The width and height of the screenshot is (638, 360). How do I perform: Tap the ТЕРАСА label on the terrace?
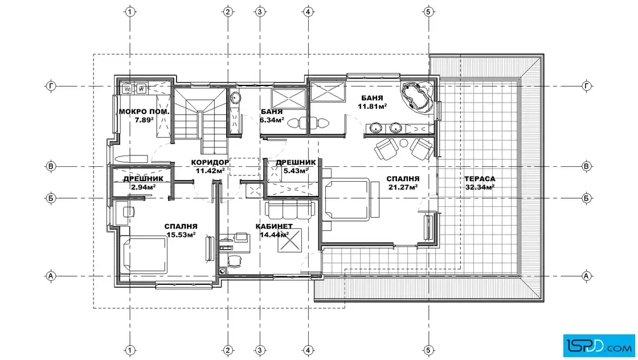tap(480, 179)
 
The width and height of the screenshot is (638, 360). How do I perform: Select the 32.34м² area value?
tap(480, 187)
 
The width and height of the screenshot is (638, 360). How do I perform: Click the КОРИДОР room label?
tap(210, 162)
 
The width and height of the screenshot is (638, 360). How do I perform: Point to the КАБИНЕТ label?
tap(274, 226)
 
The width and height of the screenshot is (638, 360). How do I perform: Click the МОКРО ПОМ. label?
tap(144, 112)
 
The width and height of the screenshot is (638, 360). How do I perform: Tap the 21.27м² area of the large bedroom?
tap(402, 187)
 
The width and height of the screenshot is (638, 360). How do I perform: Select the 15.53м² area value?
tap(181, 235)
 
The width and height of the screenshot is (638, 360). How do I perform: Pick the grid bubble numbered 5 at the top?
tap(428, 12)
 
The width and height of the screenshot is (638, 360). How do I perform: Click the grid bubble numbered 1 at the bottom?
tap(130, 350)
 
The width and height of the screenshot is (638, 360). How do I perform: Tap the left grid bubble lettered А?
tap(51, 276)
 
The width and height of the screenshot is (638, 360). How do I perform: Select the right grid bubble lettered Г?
tap(586, 86)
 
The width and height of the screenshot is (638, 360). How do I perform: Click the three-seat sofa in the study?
tap(290, 209)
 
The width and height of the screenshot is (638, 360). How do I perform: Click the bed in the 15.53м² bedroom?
tap(145, 255)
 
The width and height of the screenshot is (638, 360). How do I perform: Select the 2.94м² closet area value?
tap(143, 187)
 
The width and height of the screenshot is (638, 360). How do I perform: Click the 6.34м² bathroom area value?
tap(272, 120)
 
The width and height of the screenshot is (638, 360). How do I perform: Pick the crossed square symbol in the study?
tap(290, 240)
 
